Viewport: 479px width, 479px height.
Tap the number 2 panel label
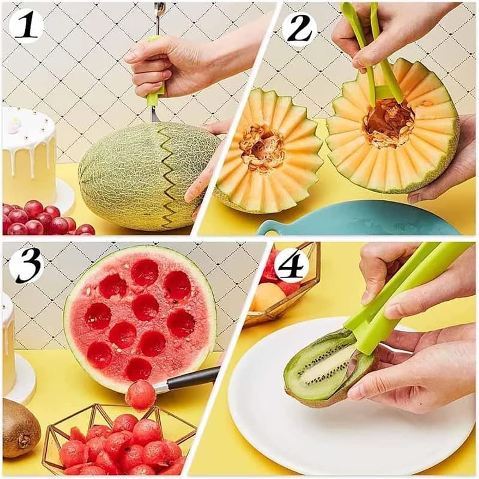[x=300, y=28]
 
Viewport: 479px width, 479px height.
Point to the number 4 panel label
[x=291, y=266]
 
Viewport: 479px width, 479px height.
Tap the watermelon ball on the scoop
[x=140, y=395]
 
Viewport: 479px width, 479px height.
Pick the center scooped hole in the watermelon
[x=145, y=307]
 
